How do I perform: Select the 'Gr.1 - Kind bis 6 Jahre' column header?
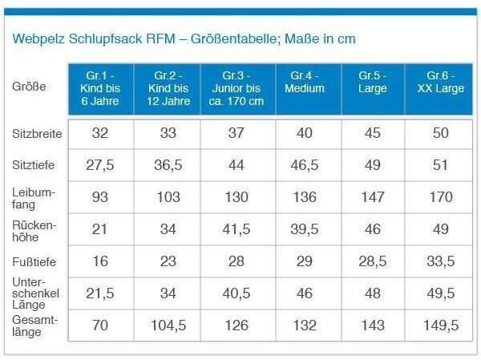coord(99,88)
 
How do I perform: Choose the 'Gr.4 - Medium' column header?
coord(304,83)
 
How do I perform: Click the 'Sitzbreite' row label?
coord(34,132)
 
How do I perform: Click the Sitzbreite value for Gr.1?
coord(99,133)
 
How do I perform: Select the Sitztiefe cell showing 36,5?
coord(168,165)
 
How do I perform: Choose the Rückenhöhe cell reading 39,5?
coord(304,230)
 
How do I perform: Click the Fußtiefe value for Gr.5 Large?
coord(372,262)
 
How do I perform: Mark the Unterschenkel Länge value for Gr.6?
coord(440,293)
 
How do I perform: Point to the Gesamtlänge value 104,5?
coord(168,326)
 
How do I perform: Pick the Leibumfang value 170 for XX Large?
coord(440,197)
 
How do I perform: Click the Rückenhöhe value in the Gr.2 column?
coord(168,230)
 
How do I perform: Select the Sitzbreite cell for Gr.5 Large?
coord(372,133)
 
